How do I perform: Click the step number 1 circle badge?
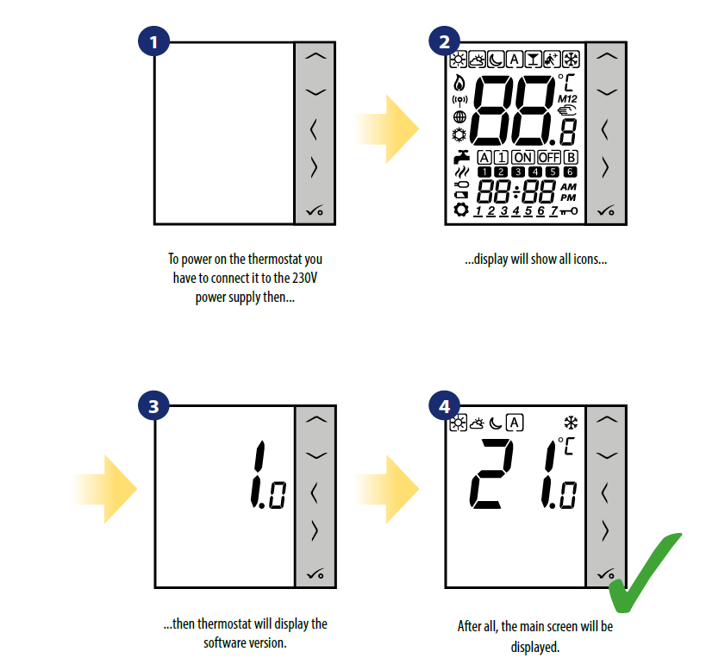click(153, 41)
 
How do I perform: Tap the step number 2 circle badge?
click(445, 41)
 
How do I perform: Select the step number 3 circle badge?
click(153, 406)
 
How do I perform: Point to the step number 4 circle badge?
click(445, 406)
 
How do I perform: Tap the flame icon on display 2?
click(459, 83)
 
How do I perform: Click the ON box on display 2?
click(522, 157)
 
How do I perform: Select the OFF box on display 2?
click(549, 157)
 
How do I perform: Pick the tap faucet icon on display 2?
click(461, 157)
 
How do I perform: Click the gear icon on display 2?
click(460, 210)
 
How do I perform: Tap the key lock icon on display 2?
click(568, 210)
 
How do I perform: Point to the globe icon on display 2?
click(459, 117)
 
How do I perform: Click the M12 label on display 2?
click(567, 98)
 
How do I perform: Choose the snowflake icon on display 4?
click(571, 423)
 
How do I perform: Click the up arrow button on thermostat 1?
click(316, 56)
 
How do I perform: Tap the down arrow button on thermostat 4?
click(607, 455)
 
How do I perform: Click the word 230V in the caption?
click(305, 278)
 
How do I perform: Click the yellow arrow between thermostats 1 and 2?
click(388, 129)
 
